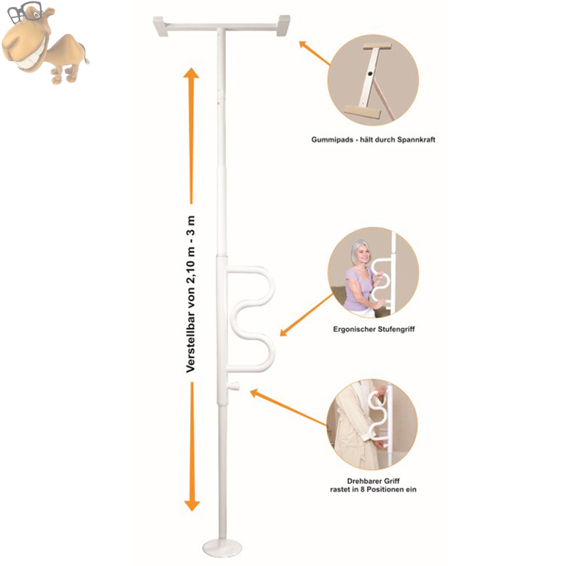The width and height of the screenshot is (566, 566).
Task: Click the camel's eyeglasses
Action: [x=23, y=12]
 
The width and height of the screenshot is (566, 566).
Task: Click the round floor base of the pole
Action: [x=222, y=547]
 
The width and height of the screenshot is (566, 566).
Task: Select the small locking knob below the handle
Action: [x=236, y=386]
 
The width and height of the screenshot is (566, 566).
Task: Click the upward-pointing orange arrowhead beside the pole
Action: [x=191, y=73]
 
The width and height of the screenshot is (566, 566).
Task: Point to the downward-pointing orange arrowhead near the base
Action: [x=192, y=505]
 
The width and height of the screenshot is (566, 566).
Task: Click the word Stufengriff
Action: [x=397, y=329]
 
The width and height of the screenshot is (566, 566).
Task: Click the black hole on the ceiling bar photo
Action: [x=370, y=74]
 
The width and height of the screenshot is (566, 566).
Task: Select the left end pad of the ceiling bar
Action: [x=160, y=26]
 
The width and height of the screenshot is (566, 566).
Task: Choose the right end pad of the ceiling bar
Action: [x=284, y=26]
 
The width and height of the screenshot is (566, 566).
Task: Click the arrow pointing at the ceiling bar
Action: [x=314, y=53]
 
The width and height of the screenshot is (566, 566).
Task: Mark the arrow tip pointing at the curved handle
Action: [x=281, y=336]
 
